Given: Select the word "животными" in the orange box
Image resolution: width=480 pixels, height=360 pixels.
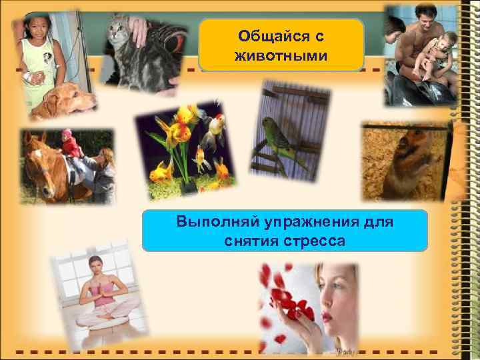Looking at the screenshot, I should (x=281, y=55).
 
